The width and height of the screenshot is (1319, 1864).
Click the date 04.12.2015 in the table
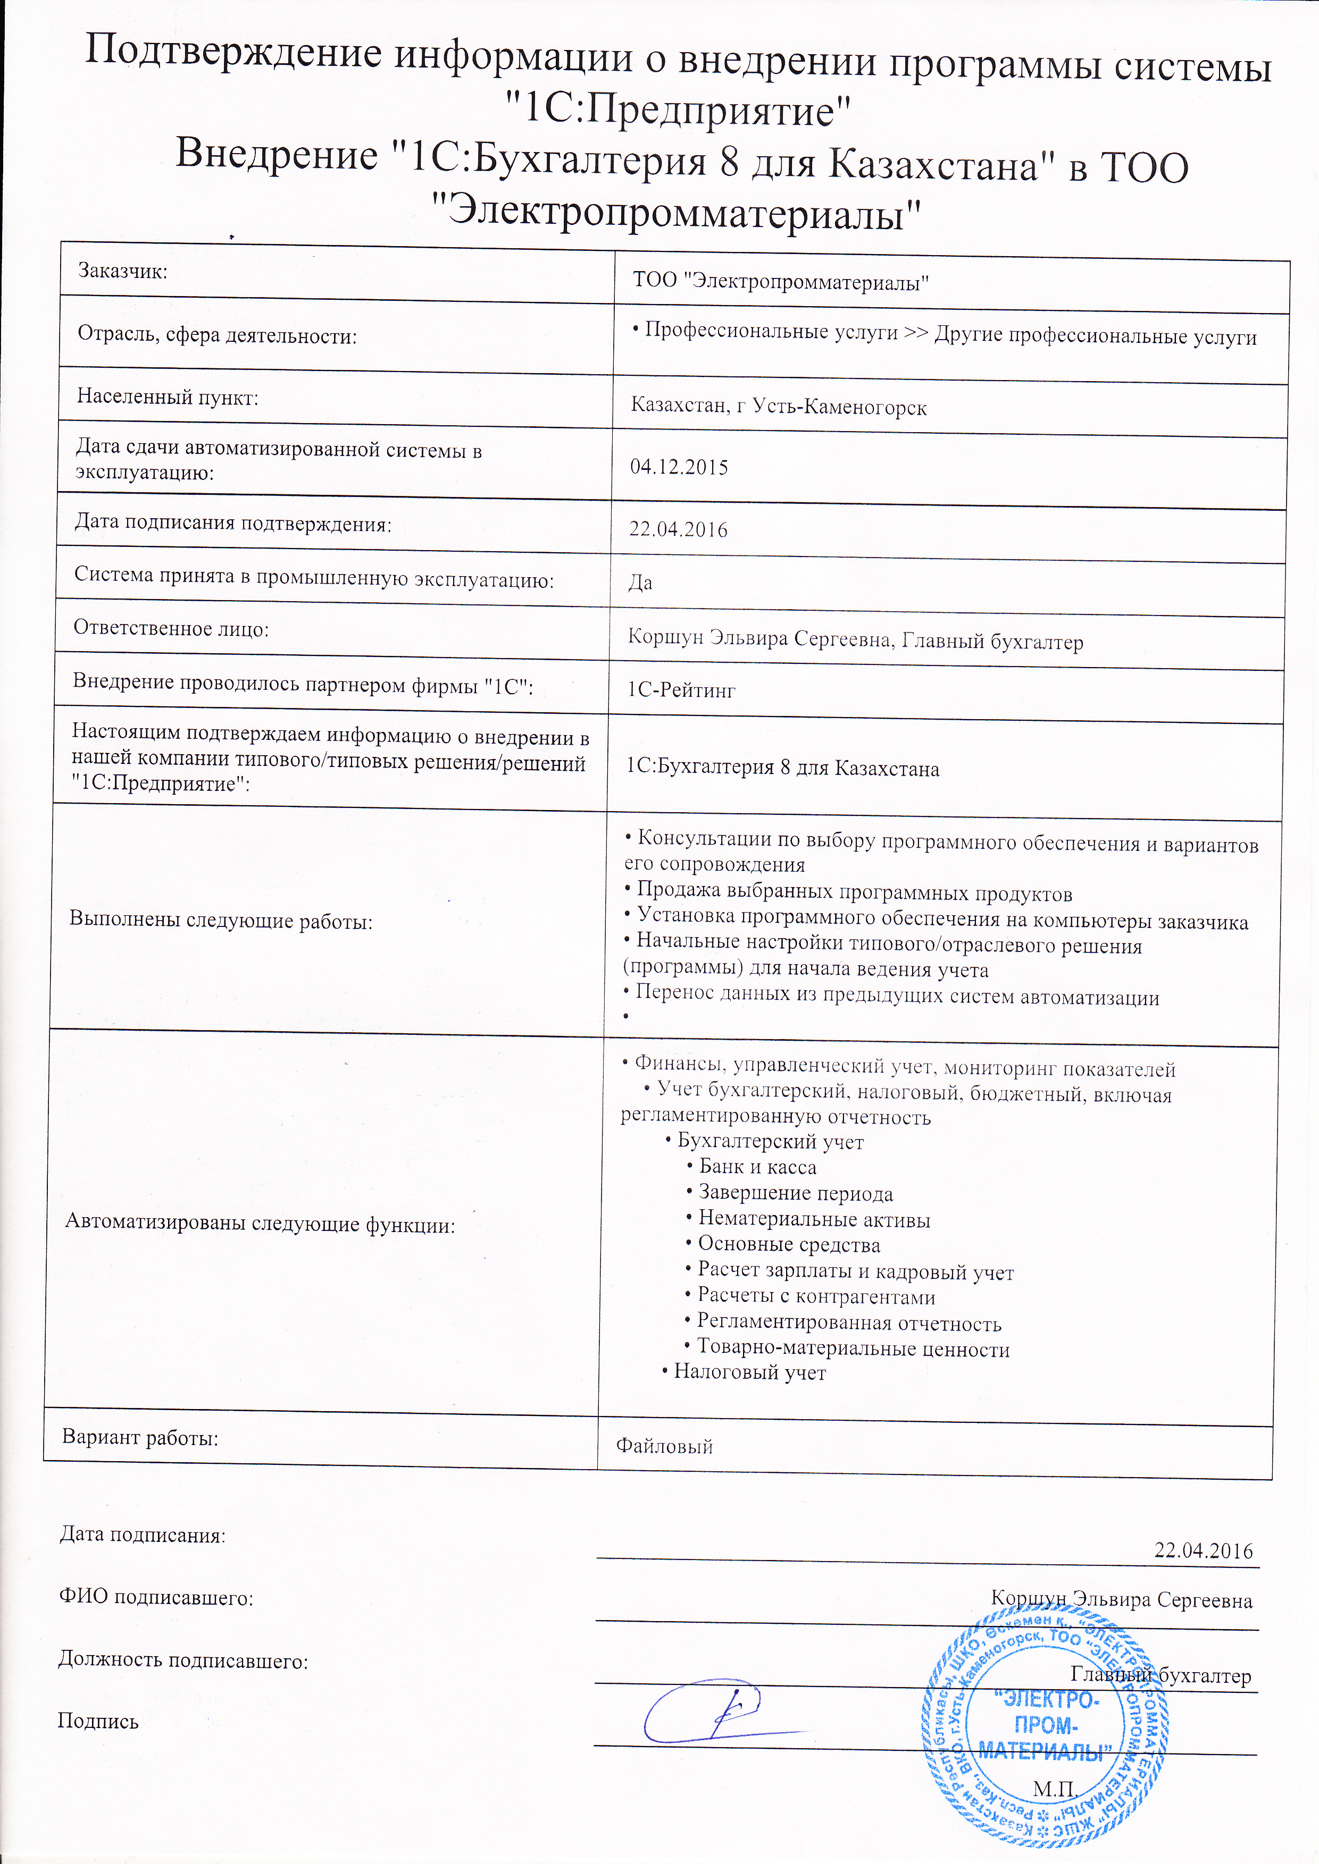679,468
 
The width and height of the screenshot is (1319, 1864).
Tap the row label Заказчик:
122,271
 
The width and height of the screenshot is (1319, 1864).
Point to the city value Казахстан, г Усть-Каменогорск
779,406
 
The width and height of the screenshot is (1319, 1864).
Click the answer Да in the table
640,583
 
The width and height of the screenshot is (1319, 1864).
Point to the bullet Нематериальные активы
813,1219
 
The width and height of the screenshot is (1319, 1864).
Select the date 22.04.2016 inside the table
678,530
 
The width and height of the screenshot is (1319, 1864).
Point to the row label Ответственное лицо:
171,628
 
